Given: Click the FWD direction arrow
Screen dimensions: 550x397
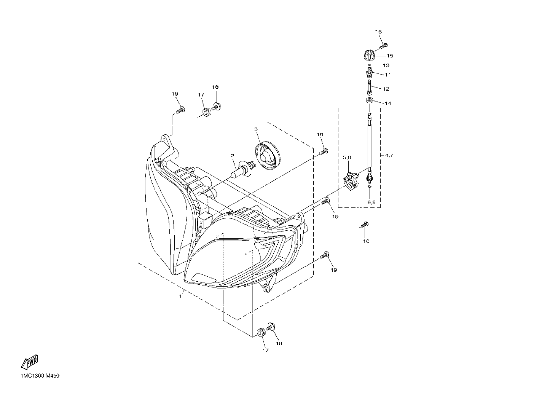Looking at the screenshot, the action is pyautogui.click(x=30, y=362).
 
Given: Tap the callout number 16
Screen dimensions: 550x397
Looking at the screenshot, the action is pyautogui.click(x=378, y=32).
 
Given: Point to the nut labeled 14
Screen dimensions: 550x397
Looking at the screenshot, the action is pyautogui.click(x=369, y=100).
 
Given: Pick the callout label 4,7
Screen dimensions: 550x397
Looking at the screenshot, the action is pyautogui.click(x=389, y=155).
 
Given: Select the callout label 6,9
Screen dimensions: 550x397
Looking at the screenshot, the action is pyautogui.click(x=371, y=202).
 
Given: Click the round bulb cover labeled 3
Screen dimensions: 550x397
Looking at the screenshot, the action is pyautogui.click(x=268, y=156).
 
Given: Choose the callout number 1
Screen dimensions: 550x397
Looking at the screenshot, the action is pyautogui.click(x=180, y=297).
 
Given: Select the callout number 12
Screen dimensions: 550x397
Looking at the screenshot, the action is pyautogui.click(x=386, y=89).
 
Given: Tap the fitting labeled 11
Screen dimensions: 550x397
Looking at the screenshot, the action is pyautogui.click(x=369, y=73).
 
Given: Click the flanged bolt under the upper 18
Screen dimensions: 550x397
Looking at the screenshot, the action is pyautogui.click(x=216, y=107).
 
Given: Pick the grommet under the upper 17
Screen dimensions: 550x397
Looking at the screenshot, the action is pyautogui.click(x=207, y=112).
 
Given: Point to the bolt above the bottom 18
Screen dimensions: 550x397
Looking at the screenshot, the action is pyautogui.click(x=270, y=327).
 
